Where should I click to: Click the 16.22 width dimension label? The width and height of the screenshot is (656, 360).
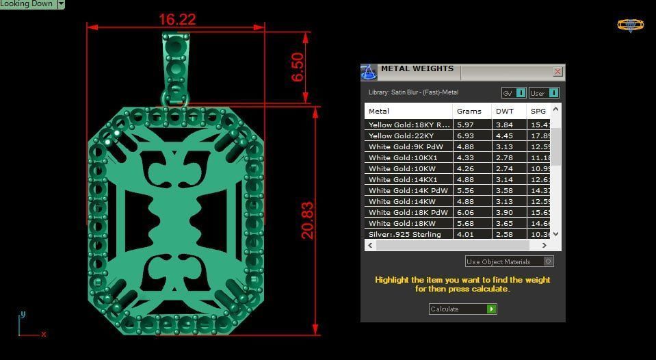[x=177, y=19]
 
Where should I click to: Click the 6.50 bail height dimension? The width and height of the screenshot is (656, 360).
[x=298, y=67]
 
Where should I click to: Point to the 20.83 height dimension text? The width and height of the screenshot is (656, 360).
[x=308, y=220]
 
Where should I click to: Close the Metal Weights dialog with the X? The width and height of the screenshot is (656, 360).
[x=557, y=71]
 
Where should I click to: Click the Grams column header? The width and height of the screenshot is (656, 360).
[x=469, y=111]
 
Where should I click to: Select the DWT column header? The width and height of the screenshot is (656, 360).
[x=505, y=111]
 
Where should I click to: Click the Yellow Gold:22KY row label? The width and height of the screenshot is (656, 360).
[x=401, y=136]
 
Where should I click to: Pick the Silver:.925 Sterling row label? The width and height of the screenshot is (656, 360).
[x=405, y=235]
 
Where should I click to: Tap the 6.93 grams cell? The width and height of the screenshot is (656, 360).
[x=465, y=136]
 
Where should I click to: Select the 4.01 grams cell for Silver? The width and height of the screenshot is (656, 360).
[x=465, y=235]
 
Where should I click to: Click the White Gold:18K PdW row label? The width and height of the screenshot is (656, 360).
[x=408, y=213]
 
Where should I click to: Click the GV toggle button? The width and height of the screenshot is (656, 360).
[x=514, y=93]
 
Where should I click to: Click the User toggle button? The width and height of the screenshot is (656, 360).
[x=544, y=93]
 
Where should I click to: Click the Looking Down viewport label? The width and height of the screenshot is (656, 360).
[x=27, y=4]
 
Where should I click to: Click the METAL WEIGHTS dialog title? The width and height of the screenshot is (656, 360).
[x=417, y=69]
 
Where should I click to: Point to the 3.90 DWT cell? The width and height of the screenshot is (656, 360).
[x=504, y=213]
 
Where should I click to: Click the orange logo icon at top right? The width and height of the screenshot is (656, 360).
[x=630, y=25]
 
